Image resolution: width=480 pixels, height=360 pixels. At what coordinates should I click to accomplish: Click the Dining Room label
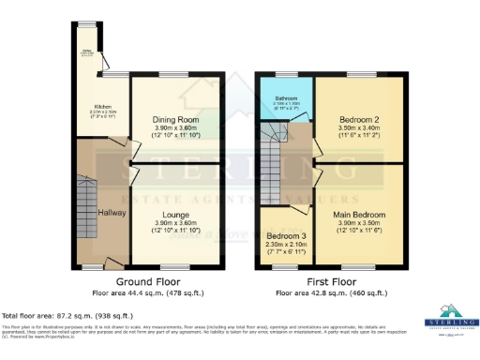pyautogui.click(x=175, y=120)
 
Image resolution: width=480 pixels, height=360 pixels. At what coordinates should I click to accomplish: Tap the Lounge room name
pyautogui.click(x=175, y=216)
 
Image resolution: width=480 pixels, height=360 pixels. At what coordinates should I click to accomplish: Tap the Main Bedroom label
pyautogui.click(x=359, y=214)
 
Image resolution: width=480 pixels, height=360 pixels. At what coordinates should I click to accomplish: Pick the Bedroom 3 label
pyautogui.click(x=285, y=235)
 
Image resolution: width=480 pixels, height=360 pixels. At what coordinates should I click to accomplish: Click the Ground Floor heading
pyautogui.click(x=149, y=281)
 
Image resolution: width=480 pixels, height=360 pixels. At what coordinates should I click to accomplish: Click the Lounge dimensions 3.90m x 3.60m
pyautogui.click(x=175, y=224)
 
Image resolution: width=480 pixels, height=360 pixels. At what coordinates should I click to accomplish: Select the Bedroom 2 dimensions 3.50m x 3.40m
pyautogui.click(x=359, y=129)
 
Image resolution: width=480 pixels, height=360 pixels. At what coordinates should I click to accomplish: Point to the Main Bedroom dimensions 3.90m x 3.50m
pyautogui.click(x=359, y=222)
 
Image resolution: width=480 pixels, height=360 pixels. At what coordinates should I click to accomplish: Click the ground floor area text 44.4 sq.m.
pyautogui.click(x=149, y=292)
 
